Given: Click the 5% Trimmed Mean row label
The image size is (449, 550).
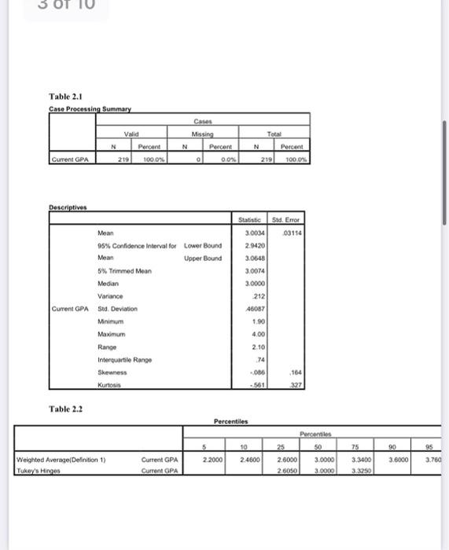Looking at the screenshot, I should click(x=124, y=270).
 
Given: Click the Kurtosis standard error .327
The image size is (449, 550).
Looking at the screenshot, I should click(x=296, y=385).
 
